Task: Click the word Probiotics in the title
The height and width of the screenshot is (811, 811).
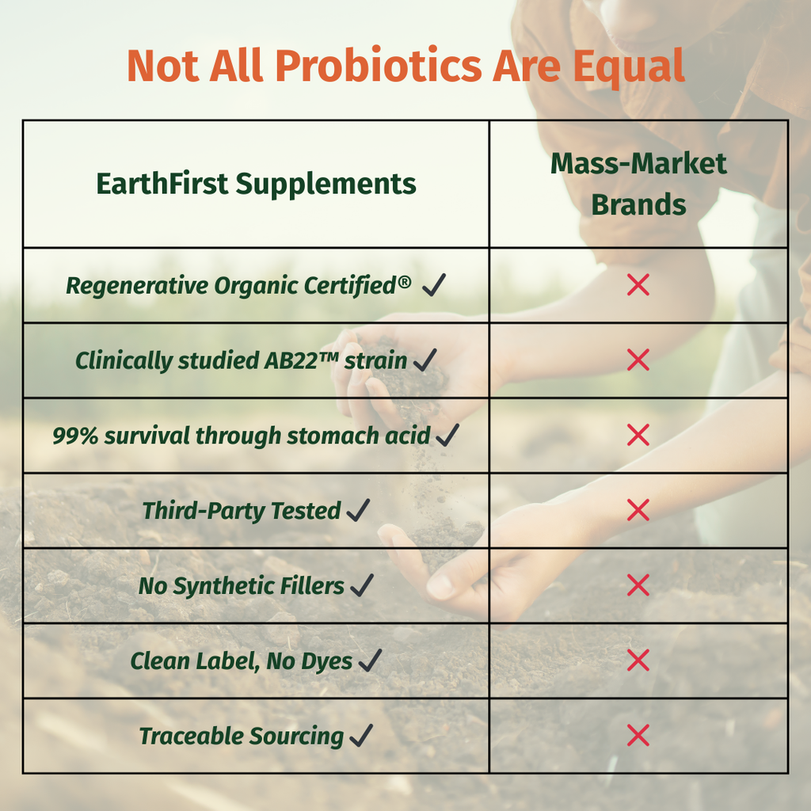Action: click(x=379, y=67)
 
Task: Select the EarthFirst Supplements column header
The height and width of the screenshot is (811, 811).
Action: click(x=256, y=184)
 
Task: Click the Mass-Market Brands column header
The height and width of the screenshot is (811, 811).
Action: click(x=638, y=184)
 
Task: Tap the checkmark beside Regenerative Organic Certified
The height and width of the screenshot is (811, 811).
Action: click(x=434, y=285)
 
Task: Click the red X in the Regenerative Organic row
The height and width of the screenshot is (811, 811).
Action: click(x=638, y=285)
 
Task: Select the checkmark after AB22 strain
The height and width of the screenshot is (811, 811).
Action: click(x=425, y=360)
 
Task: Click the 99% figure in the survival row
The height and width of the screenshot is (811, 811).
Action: click(x=70, y=436)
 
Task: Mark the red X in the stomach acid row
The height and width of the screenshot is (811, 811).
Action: click(x=638, y=436)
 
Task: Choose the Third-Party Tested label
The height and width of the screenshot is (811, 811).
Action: click(x=242, y=511)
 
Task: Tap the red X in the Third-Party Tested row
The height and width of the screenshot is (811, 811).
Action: click(x=638, y=511)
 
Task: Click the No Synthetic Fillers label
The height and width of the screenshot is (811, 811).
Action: click(x=242, y=586)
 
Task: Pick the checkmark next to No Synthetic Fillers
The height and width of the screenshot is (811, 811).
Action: click(x=361, y=586)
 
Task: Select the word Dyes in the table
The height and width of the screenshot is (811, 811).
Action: click(x=329, y=661)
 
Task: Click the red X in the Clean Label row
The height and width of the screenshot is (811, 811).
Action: click(x=638, y=661)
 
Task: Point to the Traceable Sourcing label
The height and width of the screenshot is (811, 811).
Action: click(x=242, y=737)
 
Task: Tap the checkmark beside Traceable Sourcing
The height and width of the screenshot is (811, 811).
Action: click(x=360, y=737)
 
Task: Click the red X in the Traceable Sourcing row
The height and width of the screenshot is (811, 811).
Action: click(x=638, y=737)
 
